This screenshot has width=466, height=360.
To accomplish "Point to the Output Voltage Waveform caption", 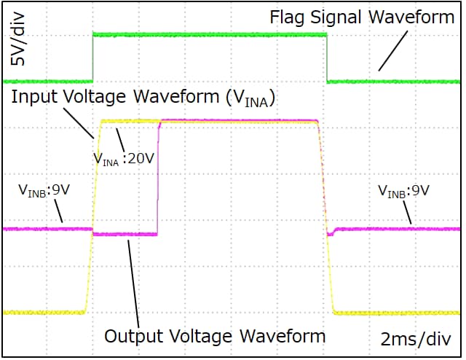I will tap(215, 336).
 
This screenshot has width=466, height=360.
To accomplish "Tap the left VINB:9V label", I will tap(44, 191).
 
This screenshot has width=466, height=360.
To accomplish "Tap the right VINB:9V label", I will tap(403, 191).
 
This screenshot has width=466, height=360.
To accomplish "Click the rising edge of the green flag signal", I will tap(93, 58).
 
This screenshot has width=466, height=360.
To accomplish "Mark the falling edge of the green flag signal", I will tap(327, 58).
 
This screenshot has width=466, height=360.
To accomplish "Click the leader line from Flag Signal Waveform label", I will tap(393, 50).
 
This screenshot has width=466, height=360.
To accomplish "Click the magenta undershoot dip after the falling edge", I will tap(330, 233).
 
